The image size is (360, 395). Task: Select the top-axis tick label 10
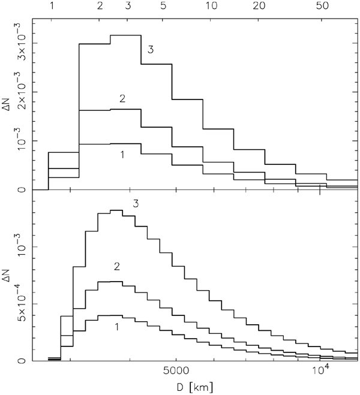click(x=211, y=7)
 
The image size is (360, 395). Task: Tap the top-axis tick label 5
click(x=163, y=7)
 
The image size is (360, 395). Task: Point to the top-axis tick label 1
click(x=52, y=7)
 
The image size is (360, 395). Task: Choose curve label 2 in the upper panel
click(x=122, y=98)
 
